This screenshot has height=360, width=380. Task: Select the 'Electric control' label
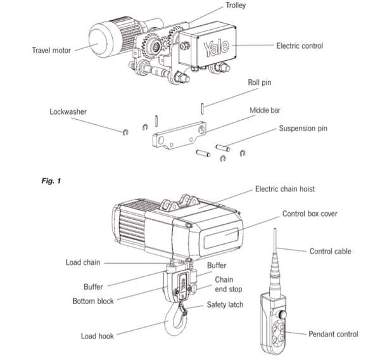click(300, 46)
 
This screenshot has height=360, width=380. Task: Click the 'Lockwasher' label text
click(68, 111)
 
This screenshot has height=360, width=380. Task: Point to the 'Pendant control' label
click(333, 334)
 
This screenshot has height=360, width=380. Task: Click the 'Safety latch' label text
click(225, 305)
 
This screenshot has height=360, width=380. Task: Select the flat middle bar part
click(180, 135)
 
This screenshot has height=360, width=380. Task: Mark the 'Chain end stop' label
click(226, 284)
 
